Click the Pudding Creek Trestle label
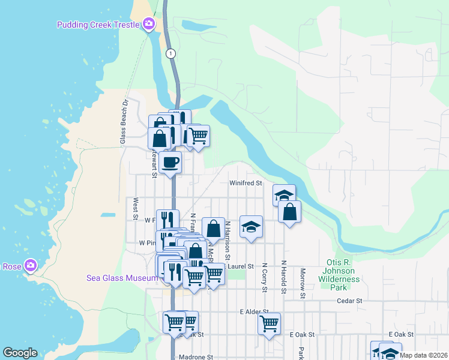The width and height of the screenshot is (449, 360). click(x=98, y=25)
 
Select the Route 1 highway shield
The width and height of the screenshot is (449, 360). click(x=171, y=53)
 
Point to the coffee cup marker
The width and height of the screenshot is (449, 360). click(x=170, y=162)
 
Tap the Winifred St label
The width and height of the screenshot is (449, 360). click(x=246, y=183)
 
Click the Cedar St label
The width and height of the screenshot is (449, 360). click(x=350, y=301)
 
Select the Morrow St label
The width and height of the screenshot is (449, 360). click(x=303, y=283)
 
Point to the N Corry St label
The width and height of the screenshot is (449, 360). click(x=264, y=277)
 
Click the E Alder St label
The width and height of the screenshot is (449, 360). click(x=254, y=312)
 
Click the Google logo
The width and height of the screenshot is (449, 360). click(x=20, y=353)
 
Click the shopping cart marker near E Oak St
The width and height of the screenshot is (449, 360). click(x=270, y=324)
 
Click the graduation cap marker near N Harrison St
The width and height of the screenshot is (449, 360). click(x=251, y=227)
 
